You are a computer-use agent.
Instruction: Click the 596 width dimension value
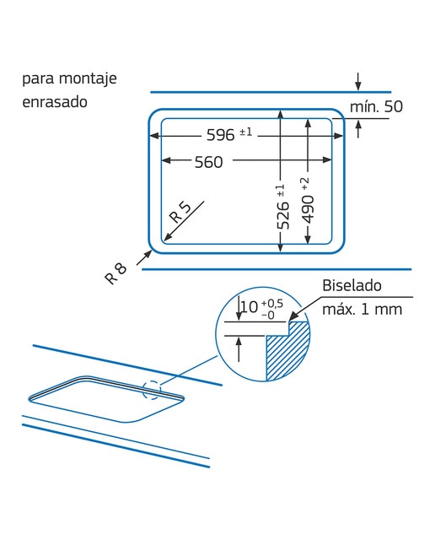(220, 135)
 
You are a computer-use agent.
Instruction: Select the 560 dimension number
(208, 162)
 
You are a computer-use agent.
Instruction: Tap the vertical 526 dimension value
(283, 215)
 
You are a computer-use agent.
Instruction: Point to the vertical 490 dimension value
(308, 209)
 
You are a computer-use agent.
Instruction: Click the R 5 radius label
(180, 212)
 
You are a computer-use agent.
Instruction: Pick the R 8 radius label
(115, 273)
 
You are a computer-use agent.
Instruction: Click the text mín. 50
(376, 106)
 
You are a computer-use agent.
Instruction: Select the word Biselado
(352, 285)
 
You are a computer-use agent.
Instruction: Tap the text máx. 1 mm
(362, 310)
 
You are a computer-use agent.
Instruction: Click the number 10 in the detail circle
(250, 306)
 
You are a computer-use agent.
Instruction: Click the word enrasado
(55, 102)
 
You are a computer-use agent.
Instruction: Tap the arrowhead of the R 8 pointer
(148, 253)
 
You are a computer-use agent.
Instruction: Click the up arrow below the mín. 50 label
(358, 129)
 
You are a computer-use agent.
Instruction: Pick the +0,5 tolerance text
(272, 304)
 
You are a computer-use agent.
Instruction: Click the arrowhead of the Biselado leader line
(293, 317)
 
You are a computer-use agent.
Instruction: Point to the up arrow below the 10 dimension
(239, 349)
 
